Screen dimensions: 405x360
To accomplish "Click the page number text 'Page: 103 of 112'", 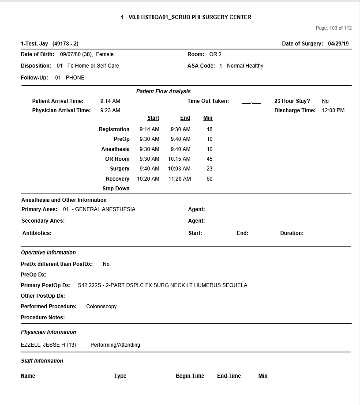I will pos(334,28).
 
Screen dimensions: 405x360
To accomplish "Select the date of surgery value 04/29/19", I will pos(338,44).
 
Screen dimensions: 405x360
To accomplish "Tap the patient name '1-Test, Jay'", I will pos(34,44).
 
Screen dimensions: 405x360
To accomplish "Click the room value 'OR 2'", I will pos(215,54).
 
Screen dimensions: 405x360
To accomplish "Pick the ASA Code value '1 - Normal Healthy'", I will pos(241,66).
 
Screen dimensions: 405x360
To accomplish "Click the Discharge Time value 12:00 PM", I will pos(334,110).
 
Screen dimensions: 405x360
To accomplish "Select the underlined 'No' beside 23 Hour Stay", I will pos(325,101).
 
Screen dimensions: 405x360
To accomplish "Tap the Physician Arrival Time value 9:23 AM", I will pos(110,110).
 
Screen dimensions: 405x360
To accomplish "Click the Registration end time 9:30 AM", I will pos(180,129).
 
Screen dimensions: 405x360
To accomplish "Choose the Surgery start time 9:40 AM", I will pos(150,169).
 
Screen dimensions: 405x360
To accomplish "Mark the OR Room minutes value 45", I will pos(210,159).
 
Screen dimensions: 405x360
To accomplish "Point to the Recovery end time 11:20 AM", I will pos(180,179).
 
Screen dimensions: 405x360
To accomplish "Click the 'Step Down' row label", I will pos(116,189).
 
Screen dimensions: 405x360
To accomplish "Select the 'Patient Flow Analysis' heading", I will pos(163,91).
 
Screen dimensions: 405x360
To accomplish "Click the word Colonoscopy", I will pos(101,307).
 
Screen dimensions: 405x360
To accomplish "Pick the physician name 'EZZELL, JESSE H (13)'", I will pos(49,345).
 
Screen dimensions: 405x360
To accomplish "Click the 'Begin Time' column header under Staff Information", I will pos(190,376).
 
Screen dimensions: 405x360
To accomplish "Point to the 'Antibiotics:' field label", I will pos(37,233).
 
